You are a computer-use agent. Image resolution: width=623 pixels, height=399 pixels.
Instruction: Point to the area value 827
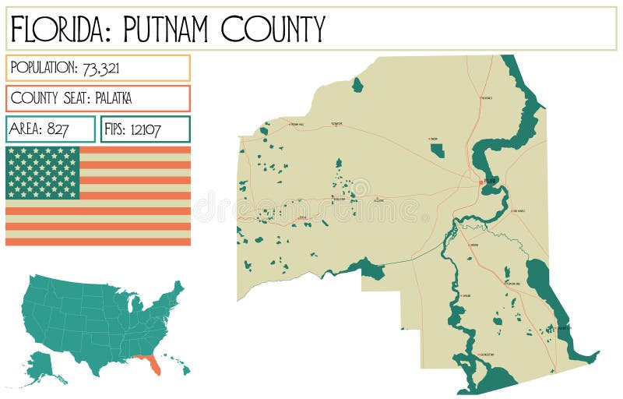(58, 129)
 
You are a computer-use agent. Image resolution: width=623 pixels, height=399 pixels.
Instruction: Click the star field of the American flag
(43, 172)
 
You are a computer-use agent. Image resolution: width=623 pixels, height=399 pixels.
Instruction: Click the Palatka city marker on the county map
(480, 182)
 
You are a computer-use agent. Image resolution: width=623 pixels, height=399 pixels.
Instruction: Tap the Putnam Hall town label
(296, 125)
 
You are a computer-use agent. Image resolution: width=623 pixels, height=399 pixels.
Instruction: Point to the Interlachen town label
(338, 199)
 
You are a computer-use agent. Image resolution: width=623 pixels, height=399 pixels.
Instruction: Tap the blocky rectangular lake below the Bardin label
(438, 150)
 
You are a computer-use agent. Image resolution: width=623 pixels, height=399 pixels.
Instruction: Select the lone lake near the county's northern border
(357, 85)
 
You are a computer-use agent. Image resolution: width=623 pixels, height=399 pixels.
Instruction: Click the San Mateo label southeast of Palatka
(517, 211)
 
